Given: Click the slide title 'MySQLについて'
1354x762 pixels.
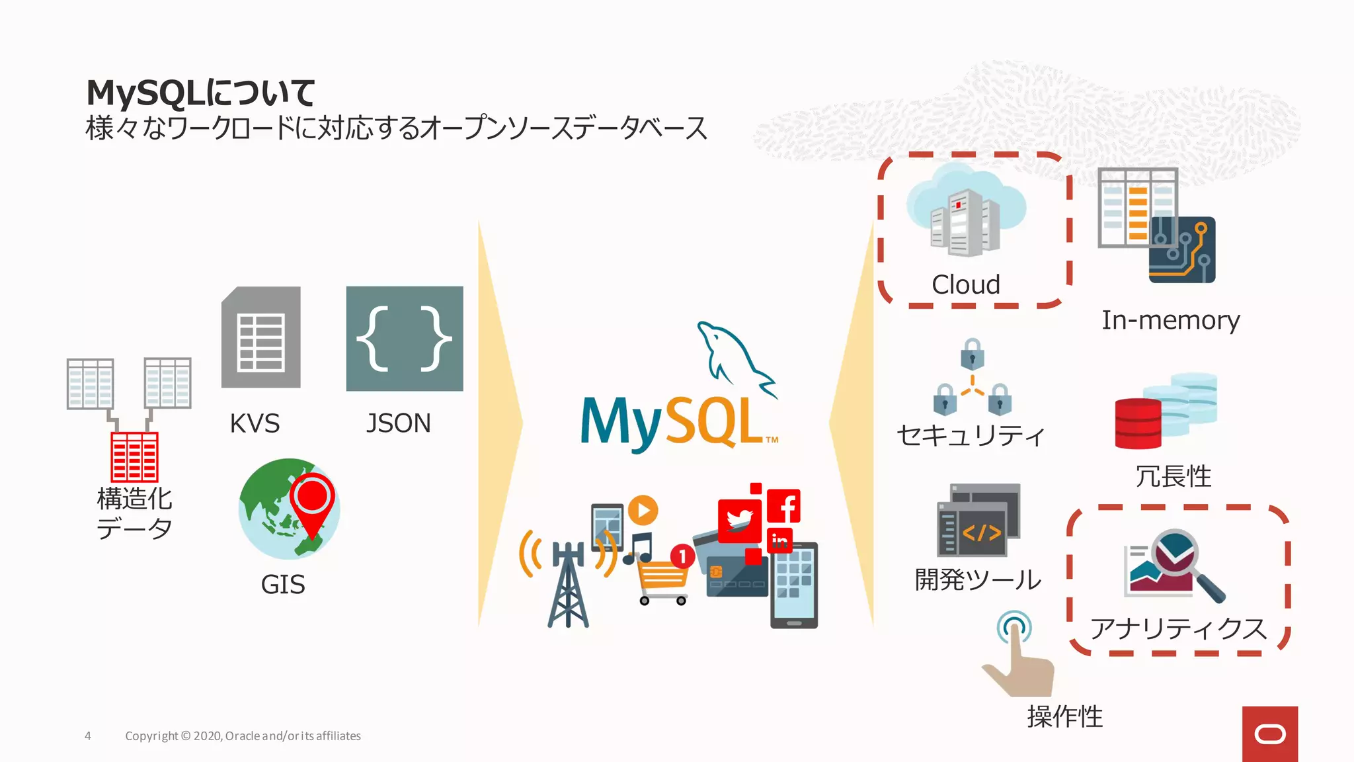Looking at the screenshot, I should (x=200, y=93).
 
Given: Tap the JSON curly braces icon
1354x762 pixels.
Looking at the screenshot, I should (x=405, y=338).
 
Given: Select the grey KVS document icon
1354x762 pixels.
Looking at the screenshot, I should (x=261, y=337).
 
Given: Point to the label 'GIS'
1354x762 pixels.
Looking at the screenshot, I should (x=283, y=585).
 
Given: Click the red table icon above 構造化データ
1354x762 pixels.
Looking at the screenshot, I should (x=134, y=456).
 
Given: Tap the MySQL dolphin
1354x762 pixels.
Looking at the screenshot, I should (x=734, y=357).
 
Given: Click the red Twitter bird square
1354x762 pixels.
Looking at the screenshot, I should (x=739, y=520).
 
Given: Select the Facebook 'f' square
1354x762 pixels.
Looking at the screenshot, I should (x=784, y=507).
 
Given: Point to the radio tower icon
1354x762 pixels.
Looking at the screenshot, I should (x=567, y=582).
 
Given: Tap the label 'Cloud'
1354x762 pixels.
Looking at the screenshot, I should (x=965, y=284).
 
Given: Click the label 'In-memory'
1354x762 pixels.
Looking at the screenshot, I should (x=1170, y=320).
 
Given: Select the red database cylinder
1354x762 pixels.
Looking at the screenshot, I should (x=1138, y=423).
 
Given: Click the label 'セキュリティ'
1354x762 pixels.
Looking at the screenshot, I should (x=971, y=435).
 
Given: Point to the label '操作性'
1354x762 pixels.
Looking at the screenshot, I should (x=1064, y=716).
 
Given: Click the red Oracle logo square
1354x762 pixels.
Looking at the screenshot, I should (x=1269, y=734).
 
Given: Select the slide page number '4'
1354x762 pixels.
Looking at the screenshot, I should (x=88, y=736).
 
